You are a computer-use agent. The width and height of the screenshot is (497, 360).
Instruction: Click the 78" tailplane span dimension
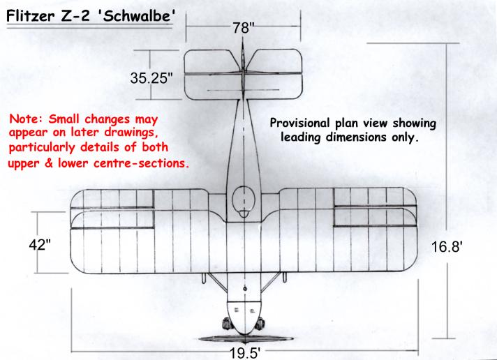(243, 28)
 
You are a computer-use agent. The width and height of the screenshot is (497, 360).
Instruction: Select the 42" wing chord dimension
(40, 245)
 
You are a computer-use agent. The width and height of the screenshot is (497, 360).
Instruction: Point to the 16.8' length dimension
(447, 246)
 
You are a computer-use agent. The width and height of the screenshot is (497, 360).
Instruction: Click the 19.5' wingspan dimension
(245, 353)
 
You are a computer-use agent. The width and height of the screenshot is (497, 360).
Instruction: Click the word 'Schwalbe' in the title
(138, 16)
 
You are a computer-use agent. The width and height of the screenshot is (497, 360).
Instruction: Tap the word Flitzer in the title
(31, 16)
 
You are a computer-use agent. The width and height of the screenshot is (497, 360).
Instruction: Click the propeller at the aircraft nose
(246, 339)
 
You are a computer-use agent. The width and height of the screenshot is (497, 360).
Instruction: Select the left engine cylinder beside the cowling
(227, 324)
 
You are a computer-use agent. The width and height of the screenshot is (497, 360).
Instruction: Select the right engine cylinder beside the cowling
(260, 324)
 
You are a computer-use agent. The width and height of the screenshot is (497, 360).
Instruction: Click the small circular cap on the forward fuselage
(245, 289)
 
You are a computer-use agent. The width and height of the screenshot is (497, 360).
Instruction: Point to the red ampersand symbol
(48, 163)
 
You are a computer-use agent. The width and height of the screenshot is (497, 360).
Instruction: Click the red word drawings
(131, 133)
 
